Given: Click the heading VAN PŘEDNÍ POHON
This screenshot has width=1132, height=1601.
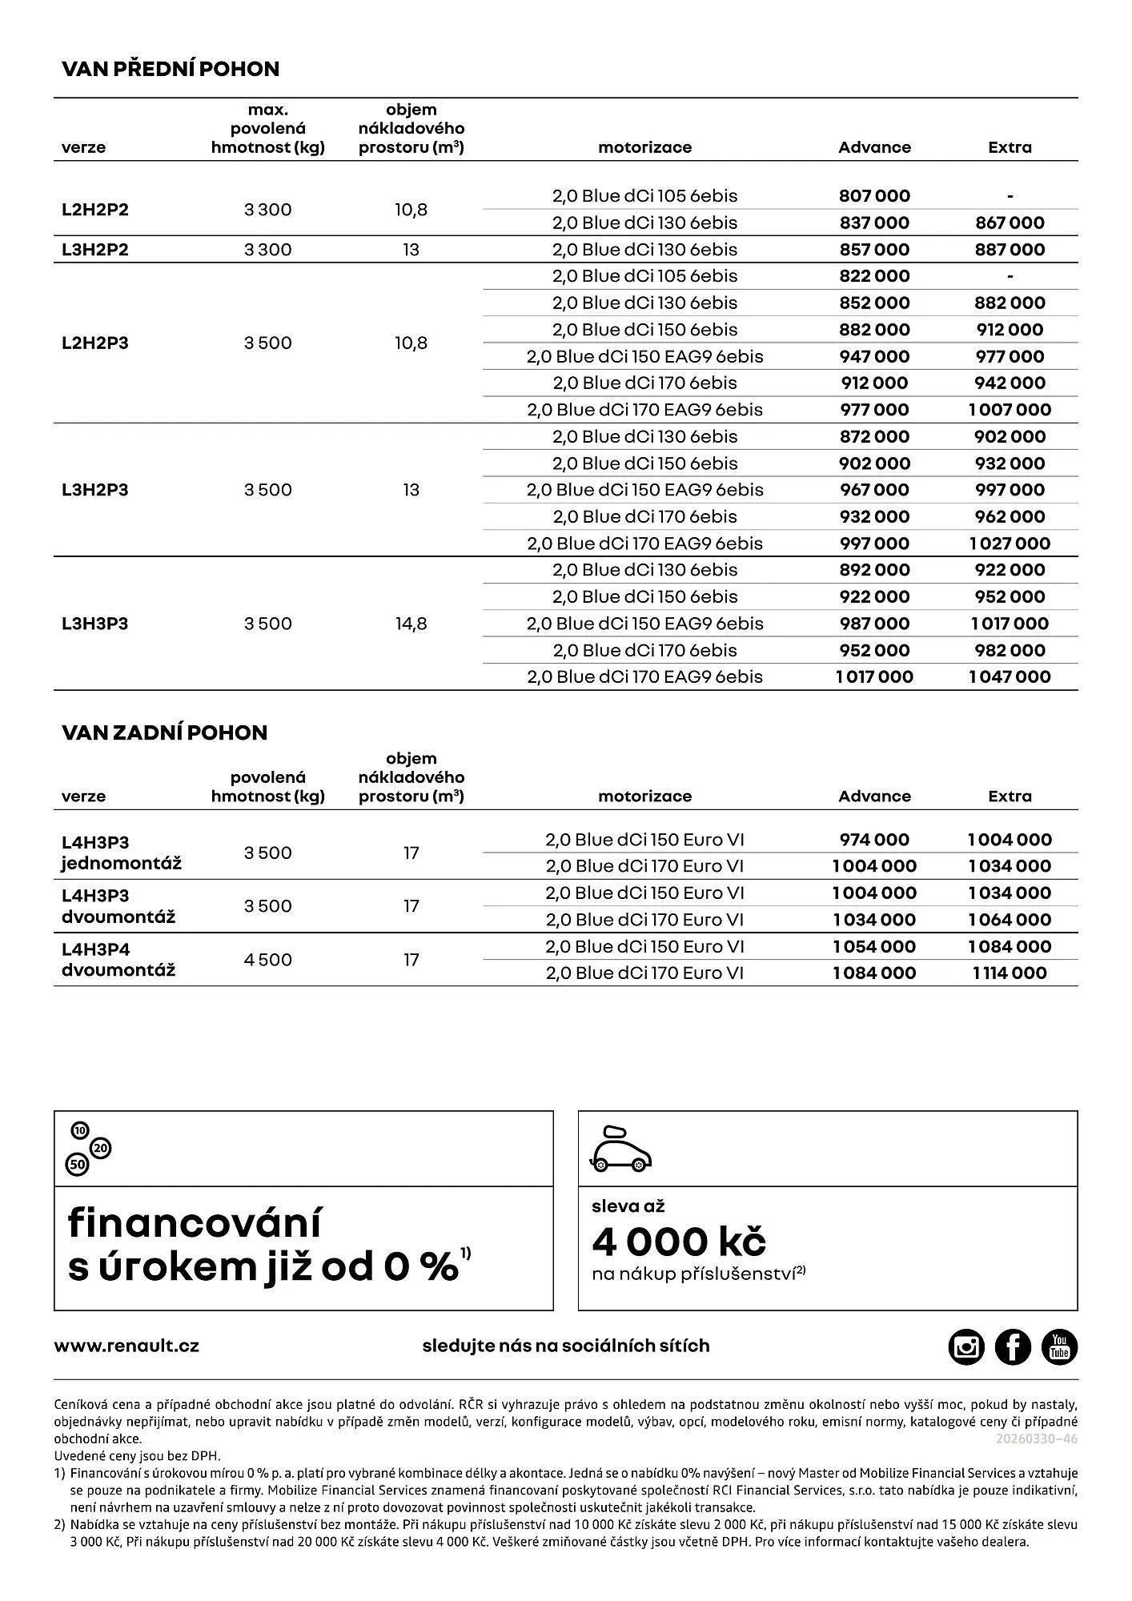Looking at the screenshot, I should pos(171,69).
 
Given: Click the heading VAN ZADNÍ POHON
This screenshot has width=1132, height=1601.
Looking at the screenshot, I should pos(164,732).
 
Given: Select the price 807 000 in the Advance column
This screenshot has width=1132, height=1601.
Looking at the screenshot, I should pos(874,196).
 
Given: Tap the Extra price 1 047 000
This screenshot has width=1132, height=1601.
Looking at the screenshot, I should pos(1010,677).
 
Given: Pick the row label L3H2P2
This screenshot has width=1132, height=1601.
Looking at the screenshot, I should pos(95,250).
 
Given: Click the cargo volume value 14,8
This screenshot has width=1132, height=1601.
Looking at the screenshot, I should pos(411,624).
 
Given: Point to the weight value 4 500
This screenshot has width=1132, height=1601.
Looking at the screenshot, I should pos(267,960).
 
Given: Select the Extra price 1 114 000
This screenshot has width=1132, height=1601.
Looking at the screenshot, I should pos(1010,973).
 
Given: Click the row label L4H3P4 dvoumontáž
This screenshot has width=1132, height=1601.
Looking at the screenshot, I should pos(118,960).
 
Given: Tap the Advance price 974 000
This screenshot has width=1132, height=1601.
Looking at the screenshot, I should pos(874,840).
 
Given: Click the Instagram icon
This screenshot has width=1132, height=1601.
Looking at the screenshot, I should pos(966,1346).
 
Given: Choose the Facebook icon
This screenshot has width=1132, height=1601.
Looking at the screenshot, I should pos(1013,1346).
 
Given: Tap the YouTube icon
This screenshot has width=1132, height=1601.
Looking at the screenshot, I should pos(1059,1346).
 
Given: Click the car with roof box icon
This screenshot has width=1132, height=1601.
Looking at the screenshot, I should pos(620,1150).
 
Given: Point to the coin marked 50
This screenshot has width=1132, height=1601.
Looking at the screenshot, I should pos(78,1165).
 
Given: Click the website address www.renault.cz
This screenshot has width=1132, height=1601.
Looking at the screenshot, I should pos(126,1346).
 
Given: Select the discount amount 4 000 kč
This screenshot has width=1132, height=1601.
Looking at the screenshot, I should pos(679,1242).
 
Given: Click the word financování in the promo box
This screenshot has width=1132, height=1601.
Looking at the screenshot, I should pos(195,1223).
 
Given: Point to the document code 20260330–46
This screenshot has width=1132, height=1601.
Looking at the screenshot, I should pos(1037,1438).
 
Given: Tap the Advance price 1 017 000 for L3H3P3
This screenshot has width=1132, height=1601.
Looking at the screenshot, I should pos(874,677).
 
